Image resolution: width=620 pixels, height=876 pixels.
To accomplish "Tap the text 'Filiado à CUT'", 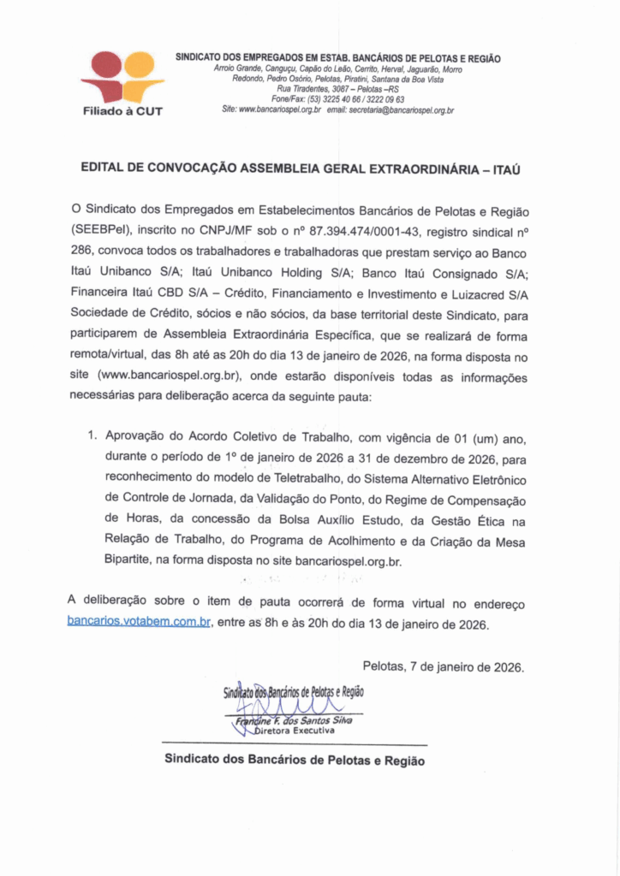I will coord(123,110).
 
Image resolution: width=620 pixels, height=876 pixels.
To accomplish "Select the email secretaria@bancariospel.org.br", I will coord(401,110).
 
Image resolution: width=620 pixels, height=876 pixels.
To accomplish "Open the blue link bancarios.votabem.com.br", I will coord(139,622).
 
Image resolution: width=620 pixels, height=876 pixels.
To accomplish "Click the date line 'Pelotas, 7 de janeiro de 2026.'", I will coord(444,666).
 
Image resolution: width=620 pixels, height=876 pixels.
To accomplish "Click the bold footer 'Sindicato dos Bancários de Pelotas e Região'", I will coord(294,760).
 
